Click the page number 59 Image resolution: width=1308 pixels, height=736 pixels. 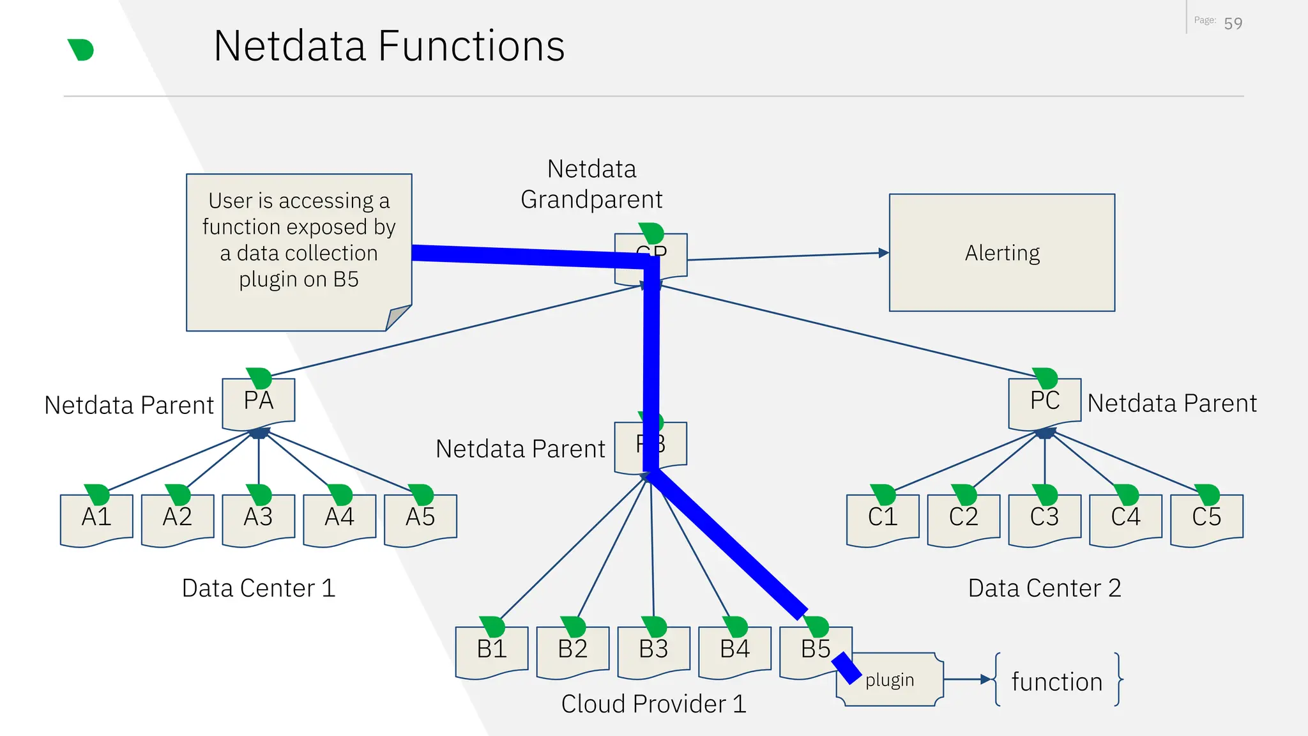pyautogui.click(x=1233, y=24)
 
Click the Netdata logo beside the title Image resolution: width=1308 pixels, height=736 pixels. pyautogui.click(x=81, y=50)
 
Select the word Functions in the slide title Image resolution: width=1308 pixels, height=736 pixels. pyautogui.click(x=471, y=46)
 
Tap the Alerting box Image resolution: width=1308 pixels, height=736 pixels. pyautogui.click(x=1001, y=253)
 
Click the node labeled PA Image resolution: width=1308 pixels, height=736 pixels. pyautogui.click(x=259, y=402)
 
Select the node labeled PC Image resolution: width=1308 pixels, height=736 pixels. pyautogui.click(x=1045, y=402)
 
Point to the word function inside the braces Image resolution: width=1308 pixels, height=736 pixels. pyautogui.click(x=1057, y=682)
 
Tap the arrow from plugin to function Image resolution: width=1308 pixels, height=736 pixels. pyautogui.click(x=967, y=680)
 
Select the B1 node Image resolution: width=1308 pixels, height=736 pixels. pyautogui.click(x=492, y=650)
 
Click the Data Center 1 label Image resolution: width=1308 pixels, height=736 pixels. pyautogui.click(x=259, y=588)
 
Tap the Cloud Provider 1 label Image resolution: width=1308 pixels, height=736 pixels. pyautogui.click(x=653, y=704)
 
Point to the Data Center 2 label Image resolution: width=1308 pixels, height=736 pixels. pyautogui.click(x=1044, y=588)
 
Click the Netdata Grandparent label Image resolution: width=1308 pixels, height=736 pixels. pyautogui.click(x=591, y=184)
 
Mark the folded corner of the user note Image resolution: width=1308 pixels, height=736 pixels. pyautogui.click(x=397, y=317)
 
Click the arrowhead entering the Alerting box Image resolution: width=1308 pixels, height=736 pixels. pyautogui.click(x=884, y=253)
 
